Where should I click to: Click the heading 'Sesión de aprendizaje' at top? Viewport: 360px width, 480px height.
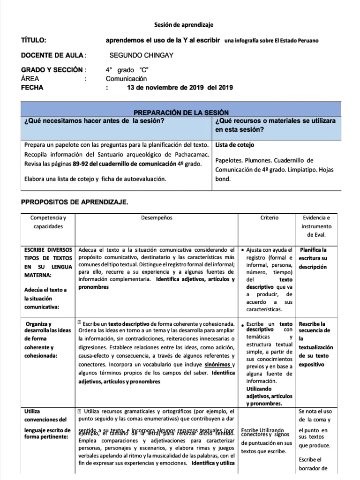tap(180, 24)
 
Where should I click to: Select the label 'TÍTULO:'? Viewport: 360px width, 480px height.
tap(34, 40)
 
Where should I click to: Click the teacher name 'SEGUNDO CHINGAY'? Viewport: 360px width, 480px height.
tap(141, 55)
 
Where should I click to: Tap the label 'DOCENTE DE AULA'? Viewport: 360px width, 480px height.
tap(52, 55)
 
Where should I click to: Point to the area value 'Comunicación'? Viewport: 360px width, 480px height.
tap(126, 79)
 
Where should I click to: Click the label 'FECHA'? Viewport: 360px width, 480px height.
tap(32, 87)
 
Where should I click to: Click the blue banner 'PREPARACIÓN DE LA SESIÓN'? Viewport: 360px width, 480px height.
tap(181, 112)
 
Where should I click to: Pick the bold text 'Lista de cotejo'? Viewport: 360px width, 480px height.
tap(234, 145)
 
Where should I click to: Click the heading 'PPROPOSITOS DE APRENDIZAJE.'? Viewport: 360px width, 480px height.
tap(75, 202)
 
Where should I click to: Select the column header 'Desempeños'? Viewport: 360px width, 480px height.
tap(157, 218)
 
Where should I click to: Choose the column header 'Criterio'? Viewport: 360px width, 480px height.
tap(270, 218)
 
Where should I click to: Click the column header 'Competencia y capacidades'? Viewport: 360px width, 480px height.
tap(48, 222)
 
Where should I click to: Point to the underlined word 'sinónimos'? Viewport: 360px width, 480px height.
tap(217, 364)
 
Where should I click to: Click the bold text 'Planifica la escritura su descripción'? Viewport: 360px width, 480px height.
tap(314, 258)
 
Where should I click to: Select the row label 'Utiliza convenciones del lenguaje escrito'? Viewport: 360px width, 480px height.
tap(47, 424)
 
